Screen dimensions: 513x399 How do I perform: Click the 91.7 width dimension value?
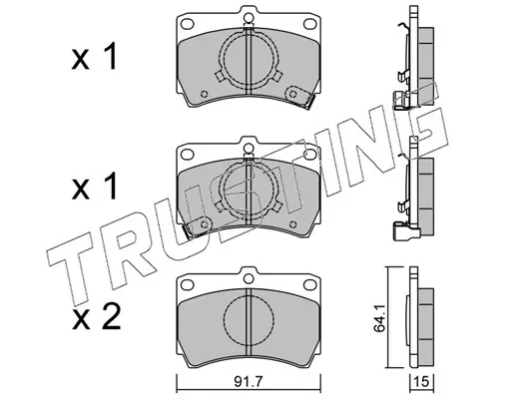[249, 382]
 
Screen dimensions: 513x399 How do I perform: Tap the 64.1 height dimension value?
[379, 318]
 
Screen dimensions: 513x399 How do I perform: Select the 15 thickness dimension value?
[421, 382]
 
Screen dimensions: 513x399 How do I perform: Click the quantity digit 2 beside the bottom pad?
[111, 317]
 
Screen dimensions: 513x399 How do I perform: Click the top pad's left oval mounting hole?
[187, 24]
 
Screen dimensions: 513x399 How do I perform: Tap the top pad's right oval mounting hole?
[309, 24]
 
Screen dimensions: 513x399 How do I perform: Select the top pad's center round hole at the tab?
[249, 17]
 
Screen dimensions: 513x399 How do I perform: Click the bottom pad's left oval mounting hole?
[187, 284]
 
